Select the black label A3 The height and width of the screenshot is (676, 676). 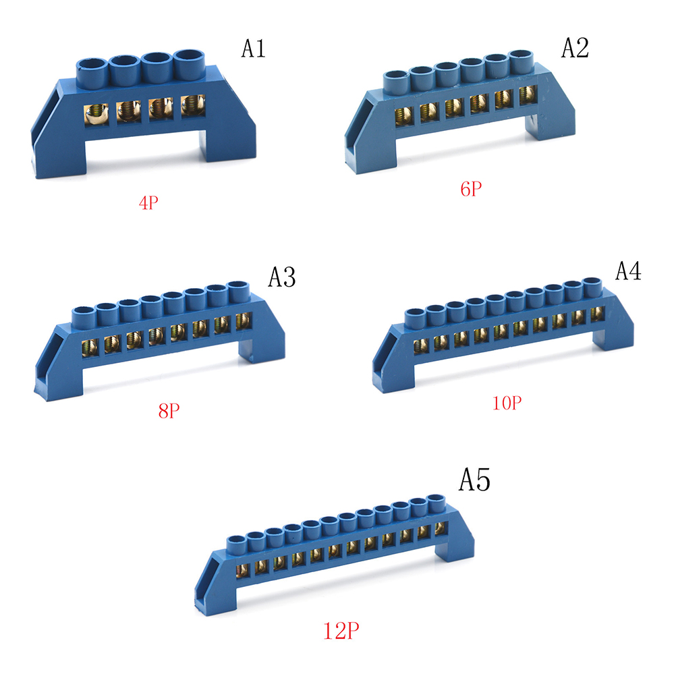[282, 277]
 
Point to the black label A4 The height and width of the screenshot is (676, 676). [628, 271]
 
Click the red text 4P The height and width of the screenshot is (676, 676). [149, 202]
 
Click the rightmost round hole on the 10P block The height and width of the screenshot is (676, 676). [591, 283]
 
